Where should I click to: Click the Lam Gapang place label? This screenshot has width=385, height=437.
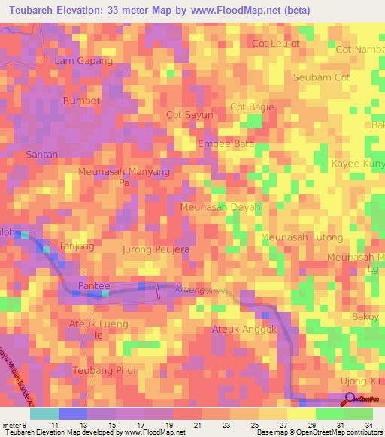coord(83,61)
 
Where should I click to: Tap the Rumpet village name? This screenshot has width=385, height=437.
coord(82,101)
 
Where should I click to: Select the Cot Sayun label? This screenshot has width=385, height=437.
coord(189,115)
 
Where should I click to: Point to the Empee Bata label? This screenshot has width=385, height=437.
coord(226,143)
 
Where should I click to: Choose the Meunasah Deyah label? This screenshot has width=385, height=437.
coord(220,207)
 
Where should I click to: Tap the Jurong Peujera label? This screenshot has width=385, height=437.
coord(156,249)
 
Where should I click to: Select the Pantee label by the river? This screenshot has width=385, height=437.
coord(94,287)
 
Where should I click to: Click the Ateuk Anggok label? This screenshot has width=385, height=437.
coord(245,330)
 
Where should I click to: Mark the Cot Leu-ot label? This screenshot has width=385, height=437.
coord(275,44)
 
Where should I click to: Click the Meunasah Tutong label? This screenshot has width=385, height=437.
coord(302,237)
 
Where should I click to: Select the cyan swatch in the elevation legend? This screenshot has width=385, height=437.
coord(44,414)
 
